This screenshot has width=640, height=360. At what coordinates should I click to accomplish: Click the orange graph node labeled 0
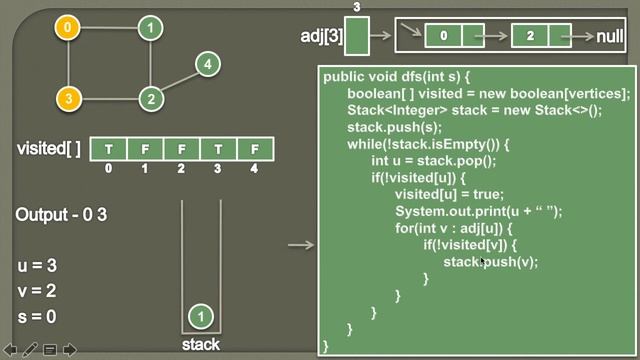(x=68, y=27)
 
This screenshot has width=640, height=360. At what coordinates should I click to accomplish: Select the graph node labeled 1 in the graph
(x=150, y=27)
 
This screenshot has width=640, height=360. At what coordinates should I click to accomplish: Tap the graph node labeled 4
(x=207, y=65)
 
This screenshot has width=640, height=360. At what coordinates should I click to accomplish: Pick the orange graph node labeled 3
(x=68, y=98)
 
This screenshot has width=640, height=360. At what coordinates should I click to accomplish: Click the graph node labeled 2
(x=150, y=98)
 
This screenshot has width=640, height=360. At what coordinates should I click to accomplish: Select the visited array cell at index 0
(x=108, y=149)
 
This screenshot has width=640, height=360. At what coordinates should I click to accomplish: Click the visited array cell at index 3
(x=218, y=149)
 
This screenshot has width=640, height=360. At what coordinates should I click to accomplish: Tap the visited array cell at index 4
(x=255, y=149)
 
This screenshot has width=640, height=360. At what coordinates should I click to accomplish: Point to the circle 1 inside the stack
(x=201, y=316)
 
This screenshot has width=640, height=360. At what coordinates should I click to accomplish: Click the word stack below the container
(x=201, y=345)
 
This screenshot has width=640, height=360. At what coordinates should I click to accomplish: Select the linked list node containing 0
(x=443, y=37)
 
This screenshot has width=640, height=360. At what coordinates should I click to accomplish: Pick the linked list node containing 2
(x=530, y=37)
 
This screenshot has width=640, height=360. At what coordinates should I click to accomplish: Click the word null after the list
(x=610, y=37)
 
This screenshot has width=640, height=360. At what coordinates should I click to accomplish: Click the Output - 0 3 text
(x=61, y=215)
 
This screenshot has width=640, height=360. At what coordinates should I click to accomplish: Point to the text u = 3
(x=37, y=266)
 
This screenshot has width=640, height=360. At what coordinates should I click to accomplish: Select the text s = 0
(x=37, y=316)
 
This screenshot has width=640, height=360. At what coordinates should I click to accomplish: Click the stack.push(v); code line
(x=490, y=262)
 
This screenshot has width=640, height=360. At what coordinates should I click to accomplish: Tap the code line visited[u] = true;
(x=449, y=194)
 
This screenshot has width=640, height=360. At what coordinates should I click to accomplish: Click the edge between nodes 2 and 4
(x=179, y=81)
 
